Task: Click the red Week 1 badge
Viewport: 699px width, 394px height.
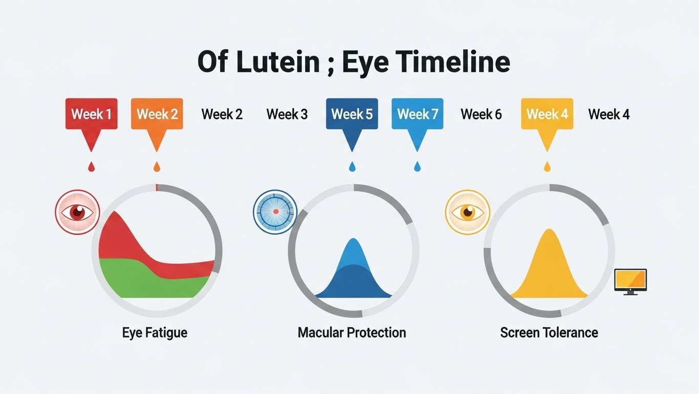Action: pos(91,114)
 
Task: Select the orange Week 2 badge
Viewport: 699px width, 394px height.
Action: pos(157,114)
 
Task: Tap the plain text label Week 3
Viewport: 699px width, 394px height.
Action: pos(287,114)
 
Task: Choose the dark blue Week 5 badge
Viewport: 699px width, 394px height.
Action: pos(352,114)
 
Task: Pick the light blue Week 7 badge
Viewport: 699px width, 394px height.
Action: pos(417,114)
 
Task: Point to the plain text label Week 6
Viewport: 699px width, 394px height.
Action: pos(481,114)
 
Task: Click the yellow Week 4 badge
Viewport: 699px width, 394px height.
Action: pos(547,114)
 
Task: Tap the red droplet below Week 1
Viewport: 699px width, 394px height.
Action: pos(92,167)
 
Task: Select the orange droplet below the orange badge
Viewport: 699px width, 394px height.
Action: pos(157,167)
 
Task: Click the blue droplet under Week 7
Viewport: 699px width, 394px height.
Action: pos(417,167)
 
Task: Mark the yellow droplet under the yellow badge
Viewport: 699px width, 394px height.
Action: pos(547,167)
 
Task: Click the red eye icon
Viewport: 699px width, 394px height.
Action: pos(77,212)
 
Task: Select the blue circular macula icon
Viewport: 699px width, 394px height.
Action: pos(276,211)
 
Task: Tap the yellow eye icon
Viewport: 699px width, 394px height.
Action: pos(468,212)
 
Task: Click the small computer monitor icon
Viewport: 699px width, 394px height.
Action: pos(630,281)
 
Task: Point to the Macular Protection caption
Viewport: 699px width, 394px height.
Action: pos(352,332)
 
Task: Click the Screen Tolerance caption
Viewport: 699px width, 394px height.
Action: pos(549,332)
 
